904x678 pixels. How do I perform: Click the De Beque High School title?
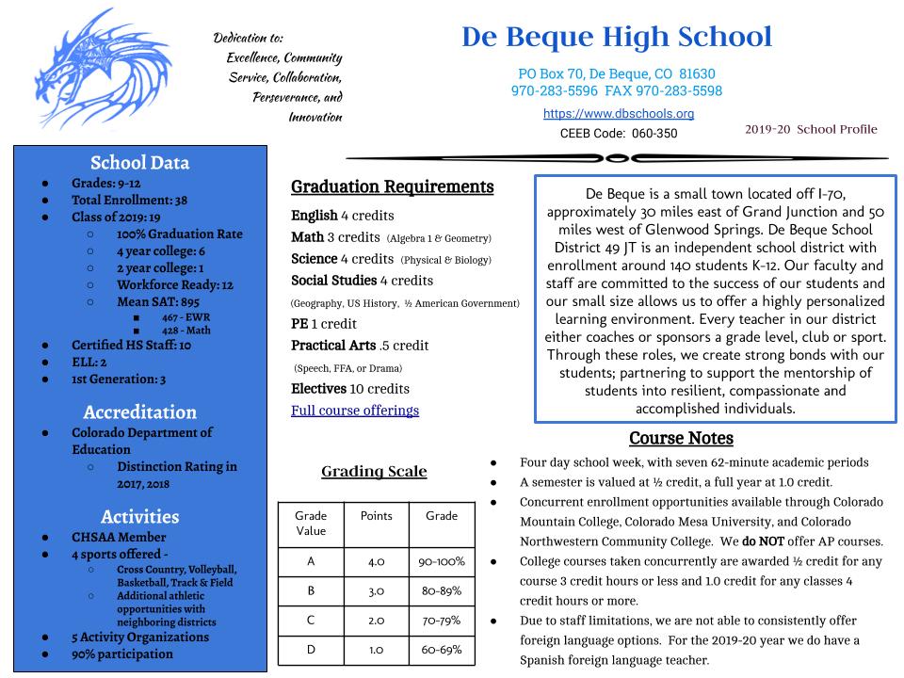tap(617, 37)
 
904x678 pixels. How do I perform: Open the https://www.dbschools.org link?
tap(619, 113)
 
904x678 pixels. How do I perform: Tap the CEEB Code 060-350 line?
tap(619, 134)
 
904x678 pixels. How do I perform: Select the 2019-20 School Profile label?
tap(811, 129)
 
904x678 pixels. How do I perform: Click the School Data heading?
tap(139, 162)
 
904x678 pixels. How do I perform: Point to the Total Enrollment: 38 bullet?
tap(129, 200)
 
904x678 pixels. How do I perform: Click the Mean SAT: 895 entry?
tap(158, 301)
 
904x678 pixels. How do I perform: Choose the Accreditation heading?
tap(139, 412)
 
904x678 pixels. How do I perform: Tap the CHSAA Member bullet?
tap(119, 536)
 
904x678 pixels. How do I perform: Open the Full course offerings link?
tap(355, 411)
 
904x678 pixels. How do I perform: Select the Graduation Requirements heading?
tap(392, 186)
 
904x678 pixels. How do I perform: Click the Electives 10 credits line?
tap(350, 388)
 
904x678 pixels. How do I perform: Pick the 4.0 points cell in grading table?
tap(376, 561)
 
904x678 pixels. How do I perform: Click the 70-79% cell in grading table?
tap(442, 621)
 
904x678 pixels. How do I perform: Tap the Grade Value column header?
tap(311, 523)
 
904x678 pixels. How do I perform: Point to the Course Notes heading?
tap(681, 438)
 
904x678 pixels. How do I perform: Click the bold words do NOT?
tap(764, 541)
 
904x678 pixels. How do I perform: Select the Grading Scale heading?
tap(374, 471)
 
